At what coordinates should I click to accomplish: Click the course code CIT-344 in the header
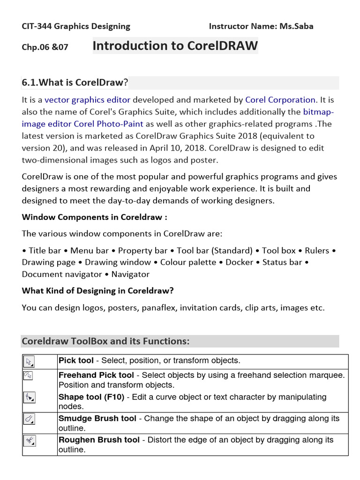pyautogui.click(x=37, y=26)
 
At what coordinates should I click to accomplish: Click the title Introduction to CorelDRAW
pyautogui.click(x=175, y=46)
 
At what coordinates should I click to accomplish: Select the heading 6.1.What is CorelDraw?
pyautogui.click(x=75, y=83)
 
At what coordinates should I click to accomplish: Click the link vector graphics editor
pyautogui.click(x=88, y=100)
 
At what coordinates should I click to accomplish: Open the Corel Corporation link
pyautogui.click(x=280, y=100)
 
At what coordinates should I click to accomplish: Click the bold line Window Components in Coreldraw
pyautogui.click(x=95, y=217)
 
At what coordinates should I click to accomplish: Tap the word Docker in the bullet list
pyautogui.click(x=240, y=262)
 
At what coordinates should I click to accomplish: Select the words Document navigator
pyautogui.click(x=62, y=274)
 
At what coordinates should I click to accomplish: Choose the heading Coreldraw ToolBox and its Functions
pyautogui.click(x=105, y=341)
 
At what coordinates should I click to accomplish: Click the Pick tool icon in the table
pyautogui.click(x=29, y=361)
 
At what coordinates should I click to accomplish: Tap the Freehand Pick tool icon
pyautogui.click(x=28, y=375)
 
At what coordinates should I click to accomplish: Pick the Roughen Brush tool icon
pyautogui.click(x=29, y=441)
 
